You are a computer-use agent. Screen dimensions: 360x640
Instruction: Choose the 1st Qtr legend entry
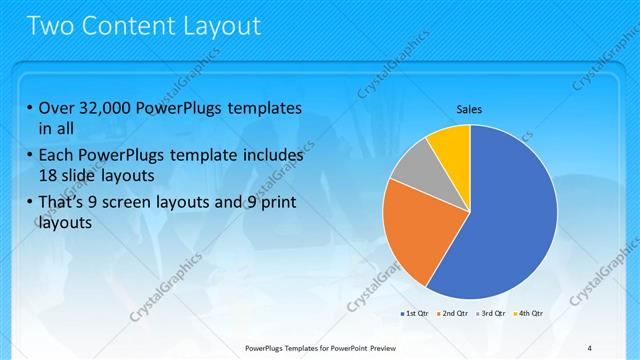[x=415, y=314]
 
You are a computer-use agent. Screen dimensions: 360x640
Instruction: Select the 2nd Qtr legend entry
[x=453, y=314]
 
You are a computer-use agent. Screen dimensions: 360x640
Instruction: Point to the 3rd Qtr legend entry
[x=490, y=314]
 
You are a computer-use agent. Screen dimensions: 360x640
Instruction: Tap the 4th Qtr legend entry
[x=527, y=314]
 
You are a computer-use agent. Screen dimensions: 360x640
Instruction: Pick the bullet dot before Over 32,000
[x=30, y=108]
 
